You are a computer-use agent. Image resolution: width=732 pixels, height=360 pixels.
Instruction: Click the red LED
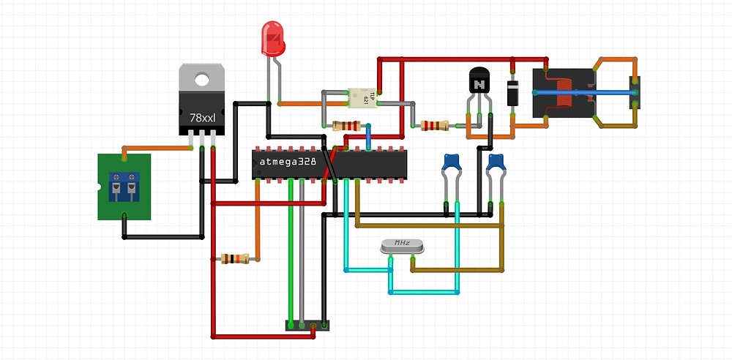pyautogui.click(x=274, y=41)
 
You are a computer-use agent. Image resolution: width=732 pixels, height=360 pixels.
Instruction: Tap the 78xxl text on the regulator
pyautogui.click(x=202, y=117)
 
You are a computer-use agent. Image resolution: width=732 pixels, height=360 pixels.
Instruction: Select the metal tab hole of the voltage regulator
pyautogui.click(x=202, y=76)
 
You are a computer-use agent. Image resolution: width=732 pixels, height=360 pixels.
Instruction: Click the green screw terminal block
pyautogui.click(x=124, y=187)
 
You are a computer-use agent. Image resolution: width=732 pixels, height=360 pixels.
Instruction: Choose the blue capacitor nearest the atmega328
pyautogui.click(x=451, y=162)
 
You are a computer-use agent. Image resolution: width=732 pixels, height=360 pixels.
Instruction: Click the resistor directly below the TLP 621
pyautogui.click(x=346, y=125)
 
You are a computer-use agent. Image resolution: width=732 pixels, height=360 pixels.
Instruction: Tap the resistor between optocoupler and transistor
pyautogui.click(x=433, y=126)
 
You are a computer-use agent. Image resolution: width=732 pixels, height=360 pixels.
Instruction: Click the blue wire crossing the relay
pyautogui.click(x=586, y=93)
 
